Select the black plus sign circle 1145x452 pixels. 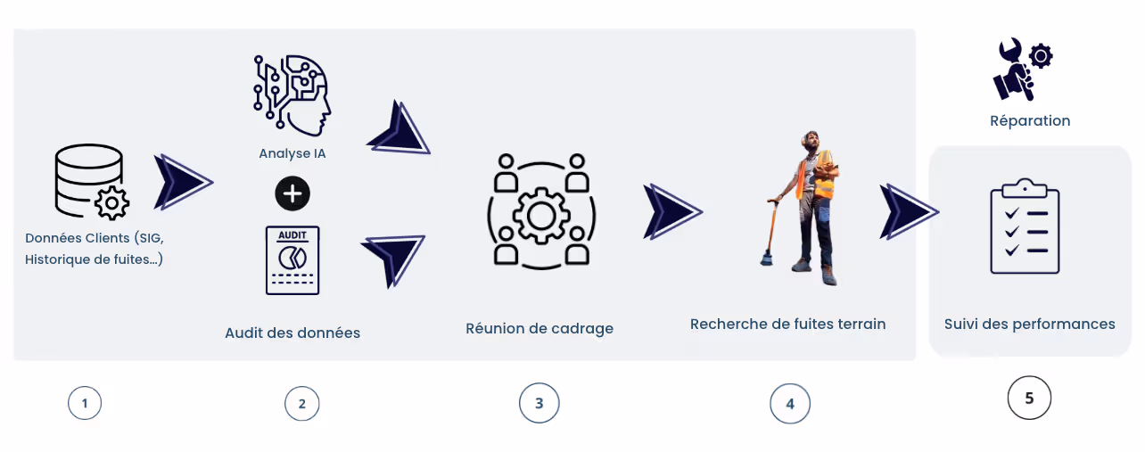(x=292, y=193)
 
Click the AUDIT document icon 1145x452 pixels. (x=292, y=260)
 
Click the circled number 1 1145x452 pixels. (x=85, y=403)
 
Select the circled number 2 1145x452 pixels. (x=302, y=403)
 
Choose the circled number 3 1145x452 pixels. (x=539, y=403)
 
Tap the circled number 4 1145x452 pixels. (x=790, y=403)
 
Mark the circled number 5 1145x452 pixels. (x=1029, y=398)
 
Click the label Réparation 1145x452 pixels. (x=1030, y=120)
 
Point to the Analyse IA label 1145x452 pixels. (x=292, y=153)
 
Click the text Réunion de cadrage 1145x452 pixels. (x=540, y=328)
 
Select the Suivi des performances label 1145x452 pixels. (x=1029, y=324)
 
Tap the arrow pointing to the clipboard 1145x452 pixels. (x=909, y=211)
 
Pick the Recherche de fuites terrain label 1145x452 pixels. (x=787, y=324)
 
